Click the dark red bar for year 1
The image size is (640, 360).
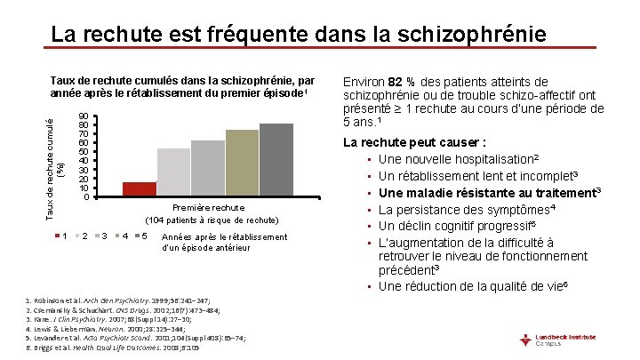click(139, 188)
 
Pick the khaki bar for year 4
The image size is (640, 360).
click(242, 163)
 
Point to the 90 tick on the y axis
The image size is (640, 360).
click(83, 116)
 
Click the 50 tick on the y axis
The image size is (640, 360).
click(83, 152)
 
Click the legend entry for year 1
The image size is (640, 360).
click(60, 236)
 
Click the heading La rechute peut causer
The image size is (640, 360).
click(414, 142)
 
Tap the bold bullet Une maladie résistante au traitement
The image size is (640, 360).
click(490, 192)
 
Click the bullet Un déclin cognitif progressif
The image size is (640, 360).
click(461, 225)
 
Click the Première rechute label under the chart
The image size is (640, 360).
click(212, 207)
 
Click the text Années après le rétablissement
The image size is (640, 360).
click(225, 236)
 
